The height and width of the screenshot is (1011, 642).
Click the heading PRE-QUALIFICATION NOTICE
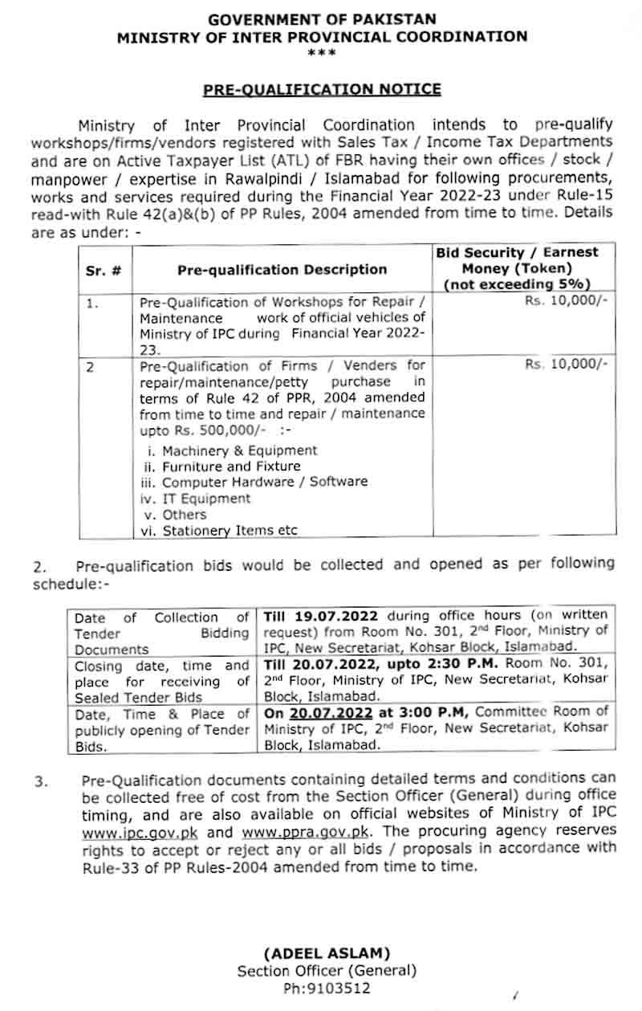pos(322,89)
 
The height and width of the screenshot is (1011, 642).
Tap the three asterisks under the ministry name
pos(322,52)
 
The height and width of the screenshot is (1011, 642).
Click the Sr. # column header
pos(104,270)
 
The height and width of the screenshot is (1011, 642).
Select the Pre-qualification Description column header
pos(282,270)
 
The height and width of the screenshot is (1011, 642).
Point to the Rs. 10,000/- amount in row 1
pos(574,303)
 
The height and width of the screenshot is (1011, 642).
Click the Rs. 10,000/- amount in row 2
pos(566,364)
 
